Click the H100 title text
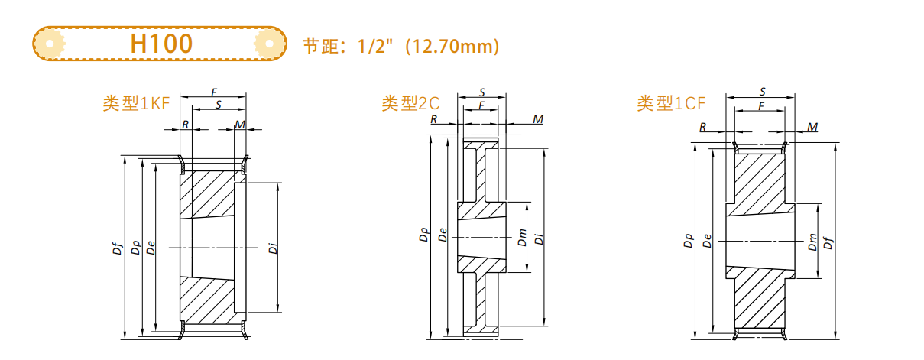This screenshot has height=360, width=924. click(x=160, y=44)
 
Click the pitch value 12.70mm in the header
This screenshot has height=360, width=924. click(x=451, y=47)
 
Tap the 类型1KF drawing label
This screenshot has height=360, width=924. click(x=137, y=104)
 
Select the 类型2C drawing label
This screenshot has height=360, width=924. click(x=411, y=103)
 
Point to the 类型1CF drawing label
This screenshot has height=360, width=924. click(x=671, y=103)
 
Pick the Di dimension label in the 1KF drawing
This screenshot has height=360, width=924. click(x=272, y=248)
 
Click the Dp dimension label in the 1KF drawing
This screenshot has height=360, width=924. click(x=135, y=248)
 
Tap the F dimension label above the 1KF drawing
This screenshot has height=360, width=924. click(x=213, y=92)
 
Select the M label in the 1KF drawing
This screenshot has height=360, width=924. click(x=240, y=124)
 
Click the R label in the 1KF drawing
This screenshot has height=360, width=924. click(x=186, y=124)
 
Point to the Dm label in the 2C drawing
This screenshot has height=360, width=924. click(x=522, y=238)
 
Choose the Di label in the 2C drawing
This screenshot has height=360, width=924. click(x=539, y=238)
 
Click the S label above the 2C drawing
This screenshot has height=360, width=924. click(x=481, y=92)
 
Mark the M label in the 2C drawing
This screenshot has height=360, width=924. click(x=538, y=119)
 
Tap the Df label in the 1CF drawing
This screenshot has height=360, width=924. click(x=828, y=242)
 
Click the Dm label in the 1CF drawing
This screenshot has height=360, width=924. click(x=812, y=242)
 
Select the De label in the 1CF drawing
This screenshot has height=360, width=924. click(x=707, y=242)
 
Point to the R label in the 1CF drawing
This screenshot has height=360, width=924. click(x=702, y=126)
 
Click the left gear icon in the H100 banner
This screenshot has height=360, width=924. click(x=50, y=44)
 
